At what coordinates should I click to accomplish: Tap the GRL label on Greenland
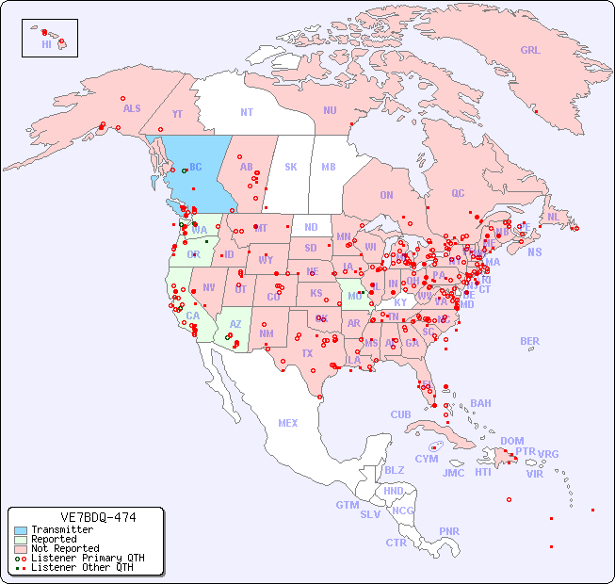[530, 51]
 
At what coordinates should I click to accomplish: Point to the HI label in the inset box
[46, 44]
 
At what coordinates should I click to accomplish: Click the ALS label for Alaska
[132, 109]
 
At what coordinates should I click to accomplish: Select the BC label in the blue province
[196, 168]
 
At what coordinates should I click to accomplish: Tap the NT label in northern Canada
[247, 112]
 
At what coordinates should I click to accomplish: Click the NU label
[330, 111]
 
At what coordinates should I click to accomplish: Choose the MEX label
[288, 424]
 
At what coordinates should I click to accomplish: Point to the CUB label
[400, 415]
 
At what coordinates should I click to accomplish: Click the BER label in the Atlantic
[529, 342]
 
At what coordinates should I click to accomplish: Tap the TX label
[307, 354]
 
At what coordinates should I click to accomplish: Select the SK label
[291, 168]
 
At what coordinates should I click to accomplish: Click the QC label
[458, 194]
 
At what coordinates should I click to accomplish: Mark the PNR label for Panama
[449, 532]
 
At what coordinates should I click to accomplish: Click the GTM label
[347, 506]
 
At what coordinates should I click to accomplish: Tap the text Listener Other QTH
[82, 567]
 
